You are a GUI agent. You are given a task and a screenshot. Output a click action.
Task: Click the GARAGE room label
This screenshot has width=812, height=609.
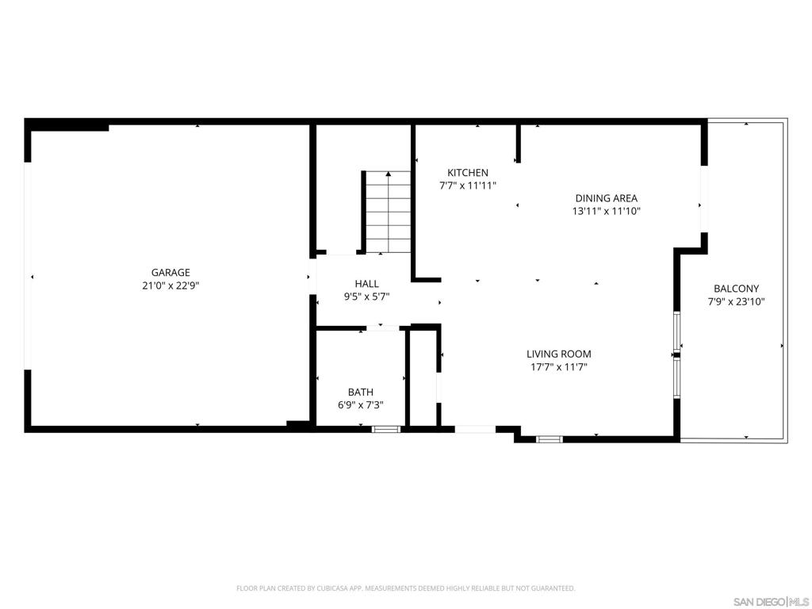(170, 273)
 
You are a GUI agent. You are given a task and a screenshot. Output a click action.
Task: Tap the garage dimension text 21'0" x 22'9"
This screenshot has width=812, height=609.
(170, 285)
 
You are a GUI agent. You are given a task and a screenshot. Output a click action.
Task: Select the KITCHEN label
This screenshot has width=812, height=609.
(468, 172)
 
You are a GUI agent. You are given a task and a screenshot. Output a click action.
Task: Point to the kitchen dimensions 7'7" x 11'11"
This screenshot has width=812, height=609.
(468, 186)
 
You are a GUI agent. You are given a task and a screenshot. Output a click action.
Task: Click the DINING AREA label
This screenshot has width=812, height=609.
(607, 197)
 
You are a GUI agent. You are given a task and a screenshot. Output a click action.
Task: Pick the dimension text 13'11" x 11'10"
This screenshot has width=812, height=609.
(607, 211)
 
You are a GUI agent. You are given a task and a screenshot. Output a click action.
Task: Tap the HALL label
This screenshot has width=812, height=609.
(366, 284)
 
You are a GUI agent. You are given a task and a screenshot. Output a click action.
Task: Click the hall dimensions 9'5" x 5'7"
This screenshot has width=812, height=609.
(366, 297)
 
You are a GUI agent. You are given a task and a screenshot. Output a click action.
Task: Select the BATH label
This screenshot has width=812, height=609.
(361, 393)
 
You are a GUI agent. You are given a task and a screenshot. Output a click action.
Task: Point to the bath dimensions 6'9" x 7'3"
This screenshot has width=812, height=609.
(361, 405)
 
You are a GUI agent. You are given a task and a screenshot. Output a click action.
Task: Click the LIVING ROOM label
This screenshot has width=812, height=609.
(559, 354)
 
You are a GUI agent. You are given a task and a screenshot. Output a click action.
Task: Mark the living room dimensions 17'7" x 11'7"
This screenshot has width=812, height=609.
(559, 367)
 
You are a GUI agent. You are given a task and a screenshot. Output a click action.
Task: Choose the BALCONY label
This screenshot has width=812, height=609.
(737, 289)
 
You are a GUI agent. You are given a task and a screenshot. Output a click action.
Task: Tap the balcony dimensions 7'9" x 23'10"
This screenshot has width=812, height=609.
(737, 302)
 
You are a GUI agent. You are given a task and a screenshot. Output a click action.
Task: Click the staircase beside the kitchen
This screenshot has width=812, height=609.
(388, 212)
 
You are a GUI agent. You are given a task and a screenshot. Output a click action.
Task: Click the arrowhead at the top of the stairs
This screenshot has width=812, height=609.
(389, 174)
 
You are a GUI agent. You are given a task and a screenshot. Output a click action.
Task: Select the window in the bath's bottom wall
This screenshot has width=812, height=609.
(386, 429)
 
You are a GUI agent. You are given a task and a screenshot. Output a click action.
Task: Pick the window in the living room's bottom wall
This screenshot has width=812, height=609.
(550, 439)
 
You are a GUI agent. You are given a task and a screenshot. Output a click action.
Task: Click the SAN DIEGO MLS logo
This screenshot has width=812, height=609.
(772, 602)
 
